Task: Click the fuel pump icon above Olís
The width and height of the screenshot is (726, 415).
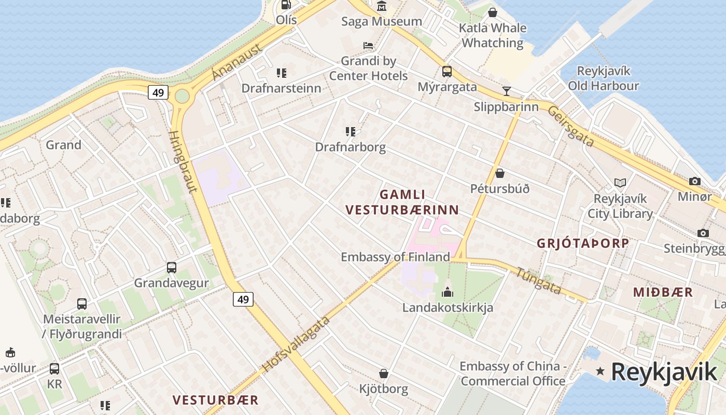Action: click(x=286, y=5)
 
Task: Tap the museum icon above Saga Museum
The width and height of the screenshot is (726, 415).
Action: click(x=382, y=6)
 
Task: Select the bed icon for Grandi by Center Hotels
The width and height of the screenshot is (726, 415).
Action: click(x=368, y=46)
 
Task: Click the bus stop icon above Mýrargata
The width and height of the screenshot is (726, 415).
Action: click(x=446, y=72)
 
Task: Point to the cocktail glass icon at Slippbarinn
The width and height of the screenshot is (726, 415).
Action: click(x=507, y=91)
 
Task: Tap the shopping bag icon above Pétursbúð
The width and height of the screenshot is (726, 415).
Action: click(x=500, y=173)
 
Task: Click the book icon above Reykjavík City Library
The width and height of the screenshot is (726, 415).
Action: click(x=620, y=183)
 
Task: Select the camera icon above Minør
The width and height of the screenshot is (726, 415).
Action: click(x=694, y=182)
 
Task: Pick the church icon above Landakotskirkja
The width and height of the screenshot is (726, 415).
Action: click(x=448, y=292)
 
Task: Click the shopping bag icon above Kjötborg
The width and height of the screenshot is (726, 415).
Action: click(x=384, y=374)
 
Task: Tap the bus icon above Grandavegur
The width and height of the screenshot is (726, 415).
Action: click(x=172, y=268)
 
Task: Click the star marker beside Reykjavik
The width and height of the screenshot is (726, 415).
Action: click(x=601, y=371)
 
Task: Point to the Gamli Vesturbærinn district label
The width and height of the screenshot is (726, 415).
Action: click(x=402, y=202)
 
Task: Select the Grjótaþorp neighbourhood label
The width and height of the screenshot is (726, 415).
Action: click(x=583, y=243)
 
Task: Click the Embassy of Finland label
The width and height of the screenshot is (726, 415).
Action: click(x=395, y=257)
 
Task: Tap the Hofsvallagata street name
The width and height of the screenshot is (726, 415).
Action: click(x=296, y=344)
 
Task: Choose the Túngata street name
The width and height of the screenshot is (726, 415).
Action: click(x=538, y=281)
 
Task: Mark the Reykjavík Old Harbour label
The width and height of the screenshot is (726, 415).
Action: click(x=603, y=78)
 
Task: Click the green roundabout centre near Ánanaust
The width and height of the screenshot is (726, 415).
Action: click(x=182, y=96)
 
